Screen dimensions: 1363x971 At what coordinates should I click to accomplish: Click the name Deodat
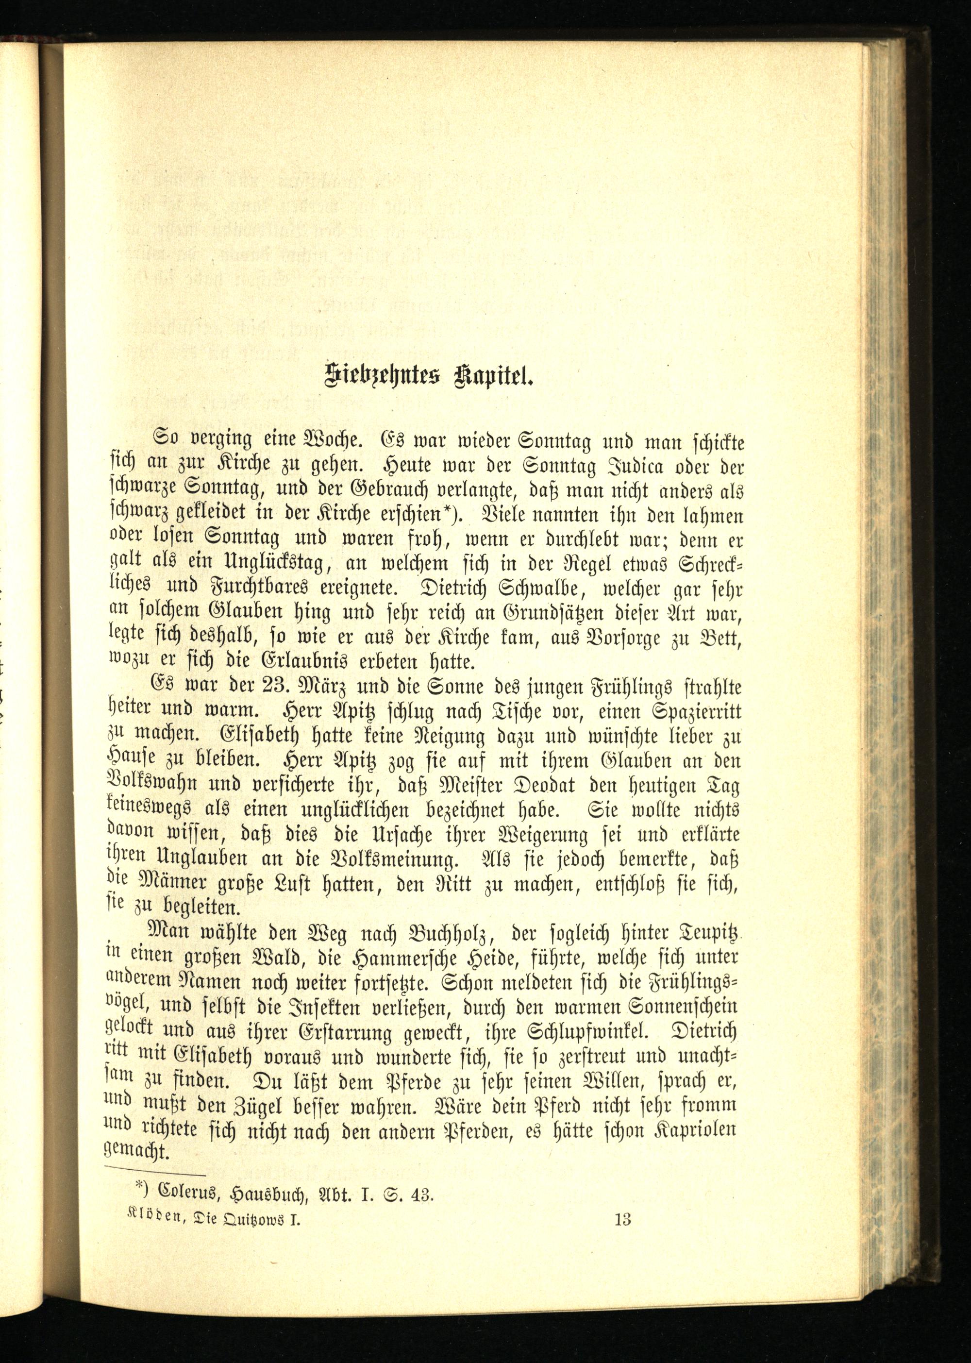pos(509,785)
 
